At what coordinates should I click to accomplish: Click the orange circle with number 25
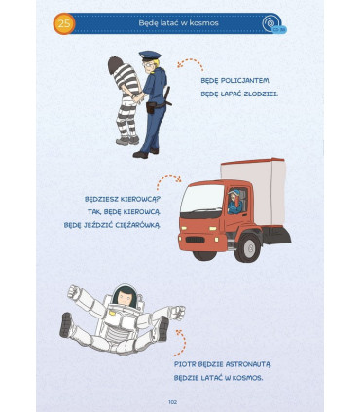(64, 23)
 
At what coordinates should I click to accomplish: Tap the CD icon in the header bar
(270, 23)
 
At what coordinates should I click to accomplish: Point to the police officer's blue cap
(150, 56)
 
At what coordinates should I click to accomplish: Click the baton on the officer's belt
(168, 96)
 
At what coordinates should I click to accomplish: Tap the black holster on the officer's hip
(151, 107)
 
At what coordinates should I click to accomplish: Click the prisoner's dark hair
(115, 64)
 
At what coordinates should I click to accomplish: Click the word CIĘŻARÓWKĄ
(137, 225)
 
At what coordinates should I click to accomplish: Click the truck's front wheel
(249, 248)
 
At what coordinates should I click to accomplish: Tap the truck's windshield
(198, 199)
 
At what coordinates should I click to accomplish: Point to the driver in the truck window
(234, 202)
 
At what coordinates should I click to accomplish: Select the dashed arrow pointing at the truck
(168, 181)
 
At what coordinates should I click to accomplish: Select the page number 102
(172, 402)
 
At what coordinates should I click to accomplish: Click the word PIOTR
(184, 364)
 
